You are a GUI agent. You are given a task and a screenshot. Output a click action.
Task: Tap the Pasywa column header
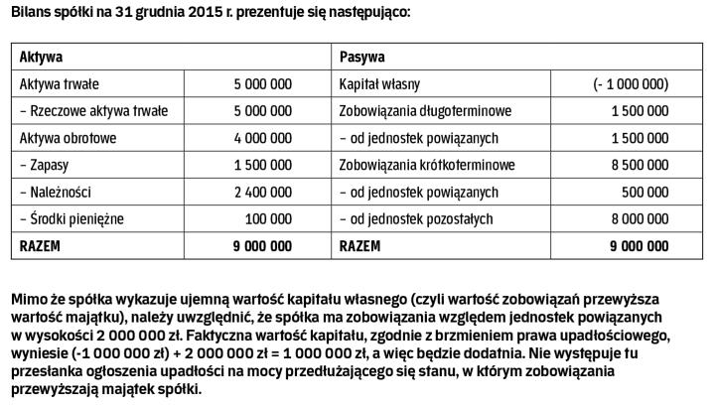click(362, 58)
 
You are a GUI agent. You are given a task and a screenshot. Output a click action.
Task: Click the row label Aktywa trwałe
click(60, 84)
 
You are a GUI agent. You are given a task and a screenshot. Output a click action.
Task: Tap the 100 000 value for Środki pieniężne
click(269, 217)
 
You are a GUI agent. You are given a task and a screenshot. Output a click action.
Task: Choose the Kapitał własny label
click(381, 84)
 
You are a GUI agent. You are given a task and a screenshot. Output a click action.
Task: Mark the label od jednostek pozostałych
click(418, 217)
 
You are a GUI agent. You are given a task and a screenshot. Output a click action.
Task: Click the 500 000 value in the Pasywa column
click(645, 191)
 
